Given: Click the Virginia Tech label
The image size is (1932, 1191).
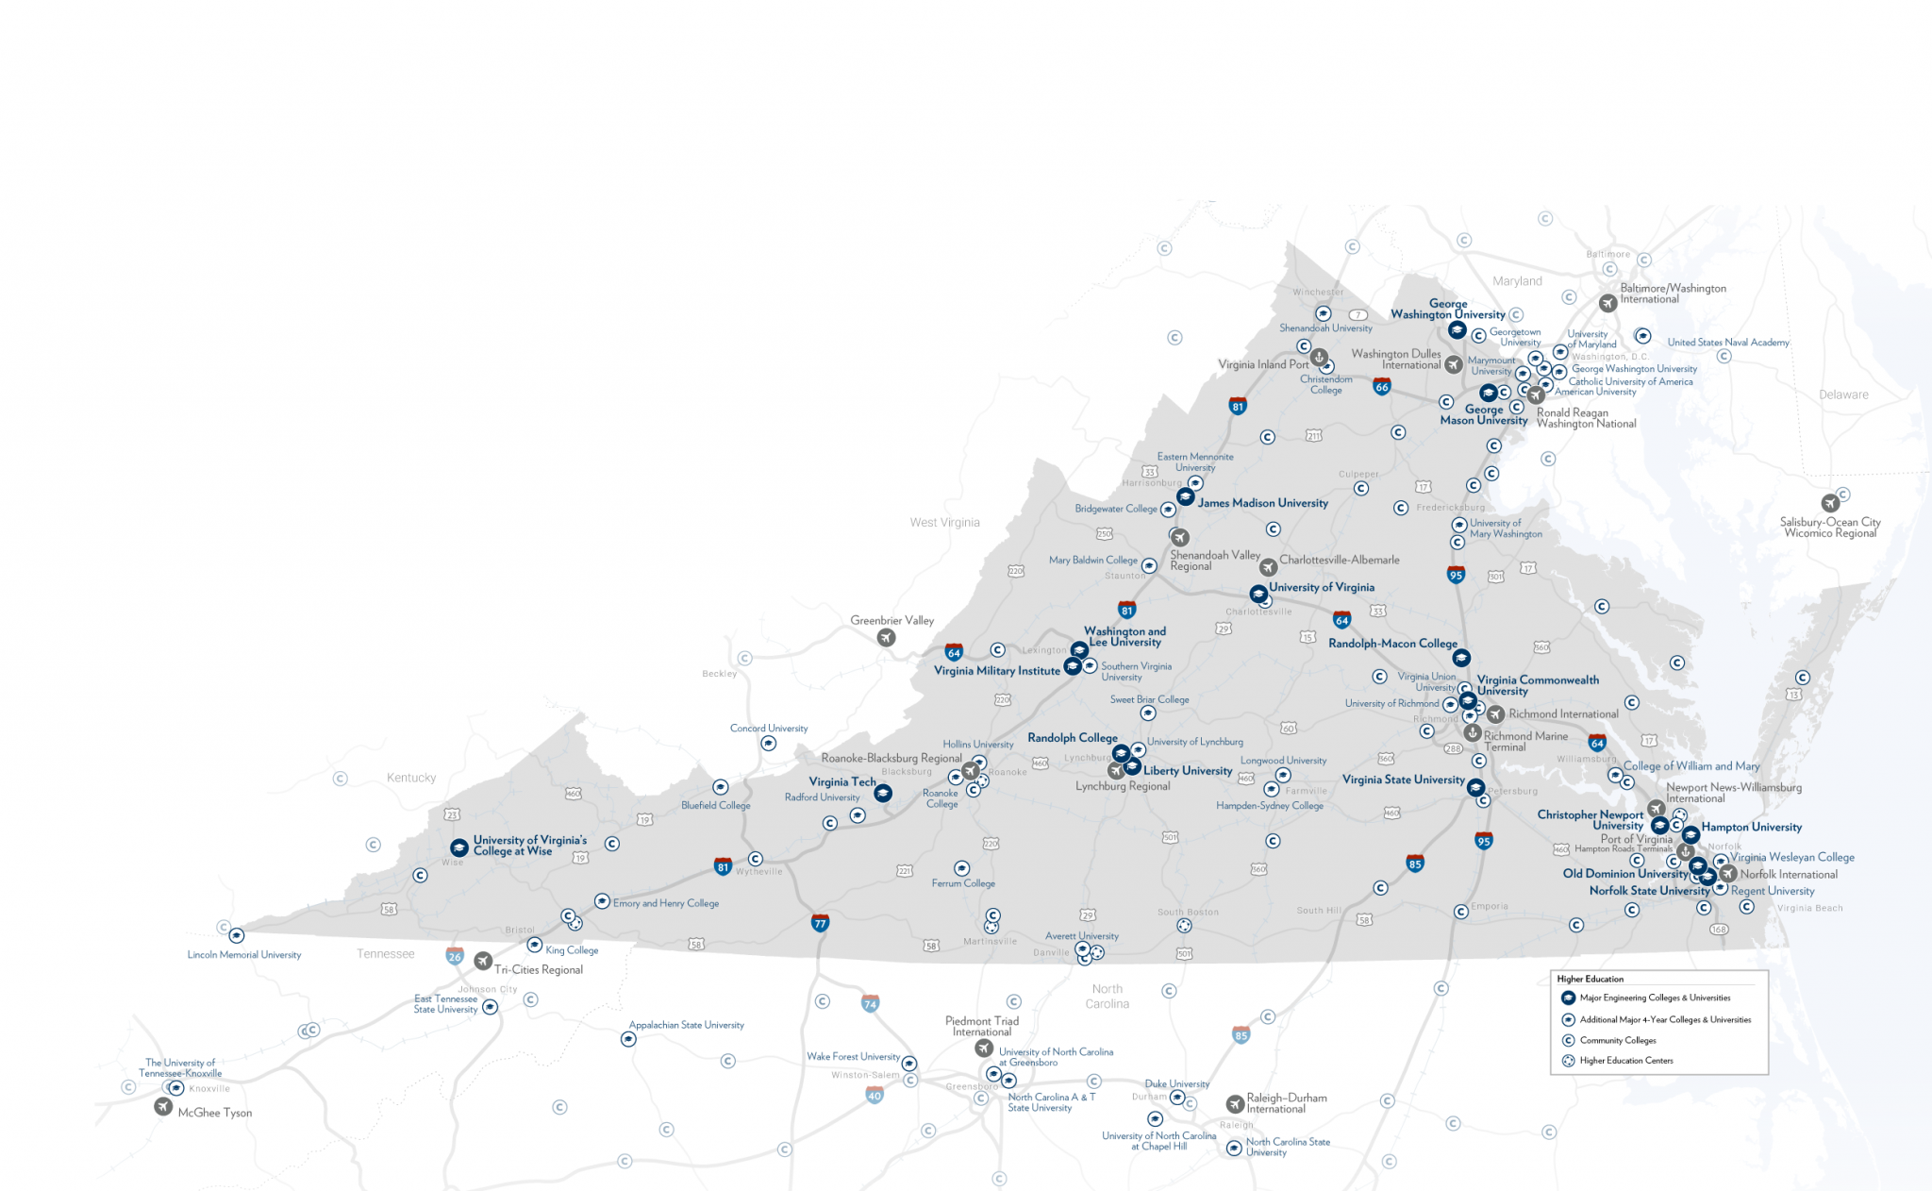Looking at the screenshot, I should tap(841, 781).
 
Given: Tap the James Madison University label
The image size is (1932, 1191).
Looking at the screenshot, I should tap(1262, 503).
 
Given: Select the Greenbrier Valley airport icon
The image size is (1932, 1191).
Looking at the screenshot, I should tap(886, 638).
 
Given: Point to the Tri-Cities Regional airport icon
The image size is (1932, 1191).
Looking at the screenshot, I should tap(483, 961).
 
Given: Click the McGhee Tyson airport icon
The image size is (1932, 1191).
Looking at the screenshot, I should tap(163, 1106).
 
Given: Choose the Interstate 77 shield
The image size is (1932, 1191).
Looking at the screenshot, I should tap(820, 923).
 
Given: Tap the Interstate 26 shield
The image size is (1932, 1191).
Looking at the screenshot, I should tap(455, 956).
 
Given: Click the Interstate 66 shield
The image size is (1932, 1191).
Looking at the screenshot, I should tap(1382, 386).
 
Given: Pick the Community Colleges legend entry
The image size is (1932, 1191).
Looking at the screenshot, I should tap(1618, 1040).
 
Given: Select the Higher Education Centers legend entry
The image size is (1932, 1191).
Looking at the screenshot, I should tap(1626, 1061).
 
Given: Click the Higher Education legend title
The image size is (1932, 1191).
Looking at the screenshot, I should tap(1591, 979).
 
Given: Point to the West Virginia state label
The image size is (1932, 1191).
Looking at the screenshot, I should tap(944, 522).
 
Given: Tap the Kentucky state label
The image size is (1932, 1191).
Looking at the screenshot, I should tap(411, 778).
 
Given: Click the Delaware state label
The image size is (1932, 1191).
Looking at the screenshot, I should tap(1843, 394).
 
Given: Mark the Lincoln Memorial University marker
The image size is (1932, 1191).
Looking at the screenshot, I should tap(237, 936).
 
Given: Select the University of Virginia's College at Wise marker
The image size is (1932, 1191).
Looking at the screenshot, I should tap(458, 847).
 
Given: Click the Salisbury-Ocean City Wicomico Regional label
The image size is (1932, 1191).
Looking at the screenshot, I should tap(1830, 528).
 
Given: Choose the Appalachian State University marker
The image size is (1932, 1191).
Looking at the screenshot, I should tap(628, 1039).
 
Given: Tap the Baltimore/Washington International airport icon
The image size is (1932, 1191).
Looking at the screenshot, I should tap(1607, 303).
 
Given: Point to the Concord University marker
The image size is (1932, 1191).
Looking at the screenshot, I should tap(769, 744).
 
